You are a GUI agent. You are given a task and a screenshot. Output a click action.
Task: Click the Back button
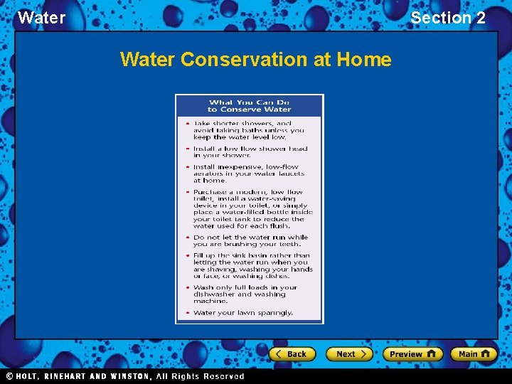(x=290, y=353)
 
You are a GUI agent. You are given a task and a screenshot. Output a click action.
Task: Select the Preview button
(x=412, y=353)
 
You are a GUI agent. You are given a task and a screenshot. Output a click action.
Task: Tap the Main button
(x=474, y=353)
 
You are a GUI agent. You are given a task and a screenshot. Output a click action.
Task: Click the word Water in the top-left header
(x=41, y=18)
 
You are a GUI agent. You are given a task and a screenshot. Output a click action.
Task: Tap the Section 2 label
(x=448, y=18)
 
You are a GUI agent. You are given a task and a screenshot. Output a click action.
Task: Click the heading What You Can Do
(x=249, y=102)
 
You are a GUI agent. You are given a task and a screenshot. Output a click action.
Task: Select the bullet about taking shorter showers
(x=249, y=130)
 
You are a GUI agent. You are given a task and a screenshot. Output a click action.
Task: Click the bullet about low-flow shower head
(x=249, y=151)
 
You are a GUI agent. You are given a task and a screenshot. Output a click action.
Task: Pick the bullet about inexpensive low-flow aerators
(x=249, y=174)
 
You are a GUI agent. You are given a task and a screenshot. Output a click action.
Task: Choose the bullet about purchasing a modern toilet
(x=252, y=209)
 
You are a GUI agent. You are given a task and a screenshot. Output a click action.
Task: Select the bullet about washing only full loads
(x=245, y=294)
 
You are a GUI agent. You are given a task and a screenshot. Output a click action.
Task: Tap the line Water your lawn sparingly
(x=243, y=313)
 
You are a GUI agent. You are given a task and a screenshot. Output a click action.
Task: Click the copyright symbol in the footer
(x=10, y=376)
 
